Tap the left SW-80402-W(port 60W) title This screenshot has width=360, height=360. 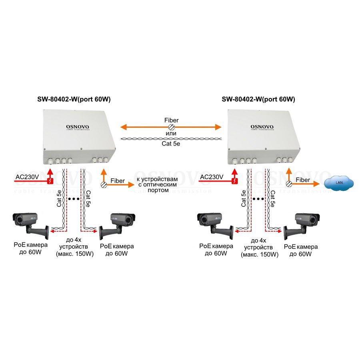[x=74, y=100]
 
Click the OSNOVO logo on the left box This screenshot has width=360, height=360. [x=78, y=127]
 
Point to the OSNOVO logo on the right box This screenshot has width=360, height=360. [x=262, y=127]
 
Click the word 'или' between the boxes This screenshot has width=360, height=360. [x=171, y=133]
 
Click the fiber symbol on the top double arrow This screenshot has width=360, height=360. [x=171, y=127]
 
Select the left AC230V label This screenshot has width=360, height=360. [x=28, y=177]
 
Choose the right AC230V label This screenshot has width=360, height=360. [x=212, y=177]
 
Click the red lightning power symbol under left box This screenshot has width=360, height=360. [x=50, y=181]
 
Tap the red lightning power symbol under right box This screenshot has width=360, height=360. [x=234, y=181]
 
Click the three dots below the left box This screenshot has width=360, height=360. [x=74, y=198]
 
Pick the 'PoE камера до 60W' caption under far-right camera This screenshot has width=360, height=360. [x=301, y=250]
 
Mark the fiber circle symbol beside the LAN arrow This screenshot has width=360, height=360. [x=289, y=184]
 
